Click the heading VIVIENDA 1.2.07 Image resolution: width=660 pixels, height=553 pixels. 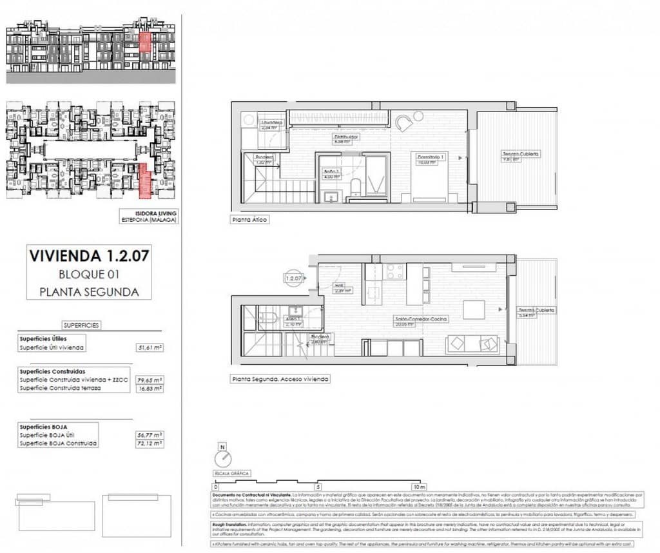pos(89,255)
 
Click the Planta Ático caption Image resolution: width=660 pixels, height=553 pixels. pos(249,220)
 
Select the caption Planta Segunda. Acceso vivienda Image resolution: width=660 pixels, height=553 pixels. pos(280,380)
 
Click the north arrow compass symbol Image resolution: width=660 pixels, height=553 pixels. pos(223,458)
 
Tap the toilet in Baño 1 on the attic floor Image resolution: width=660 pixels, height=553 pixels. pos(354,188)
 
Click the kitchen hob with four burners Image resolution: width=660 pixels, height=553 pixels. pos(394,272)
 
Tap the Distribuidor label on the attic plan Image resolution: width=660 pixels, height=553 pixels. pos(345,138)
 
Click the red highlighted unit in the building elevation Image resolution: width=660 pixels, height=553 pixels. pos(145,43)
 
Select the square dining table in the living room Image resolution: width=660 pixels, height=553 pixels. pos(474,310)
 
